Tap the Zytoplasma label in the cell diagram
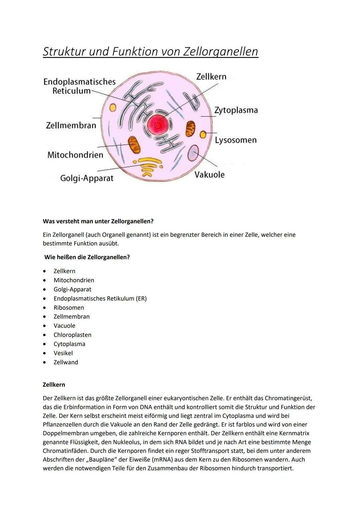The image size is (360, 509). [236, 110]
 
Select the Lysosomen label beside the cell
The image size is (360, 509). [236, 140]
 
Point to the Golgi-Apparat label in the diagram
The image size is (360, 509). [87, 178]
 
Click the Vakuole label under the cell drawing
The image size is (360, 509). [209, 175]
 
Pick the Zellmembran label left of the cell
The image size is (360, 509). [71, 126]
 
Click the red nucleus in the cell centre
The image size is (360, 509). [158, 125]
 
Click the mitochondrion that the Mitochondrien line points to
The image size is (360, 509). [134, 145]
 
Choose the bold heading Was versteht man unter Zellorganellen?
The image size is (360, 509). [98, 221]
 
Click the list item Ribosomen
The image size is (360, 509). [69, 308]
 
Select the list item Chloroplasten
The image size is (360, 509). [72, 335]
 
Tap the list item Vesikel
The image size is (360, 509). [63, 353]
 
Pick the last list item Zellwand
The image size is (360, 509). [66, 362]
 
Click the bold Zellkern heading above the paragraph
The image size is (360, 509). [54, 385]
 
